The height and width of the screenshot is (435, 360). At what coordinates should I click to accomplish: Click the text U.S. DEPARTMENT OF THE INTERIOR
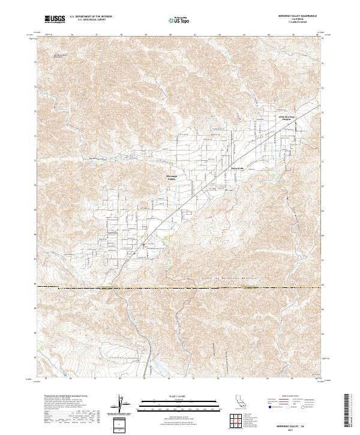coord(91,17)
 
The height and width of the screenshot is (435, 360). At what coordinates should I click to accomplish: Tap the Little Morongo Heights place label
coord(286,118)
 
